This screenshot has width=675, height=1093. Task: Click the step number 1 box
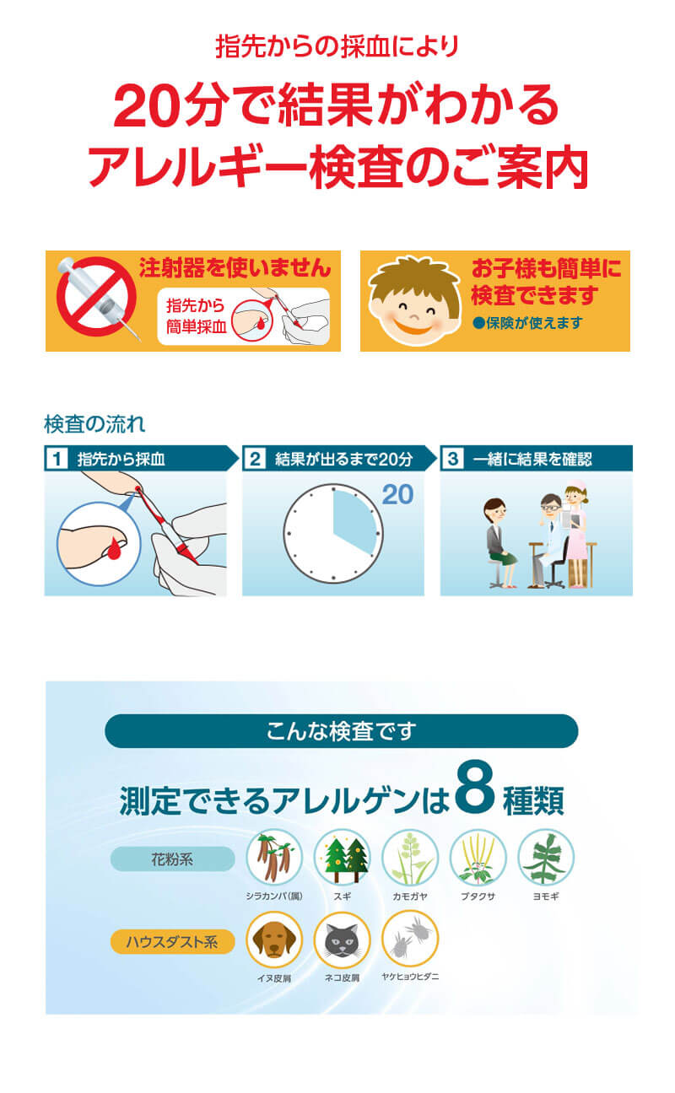click(x=57, y=459)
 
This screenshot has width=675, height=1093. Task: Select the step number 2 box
click(x=255, y=459)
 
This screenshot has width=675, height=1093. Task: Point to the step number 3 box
click(x=453, y=459)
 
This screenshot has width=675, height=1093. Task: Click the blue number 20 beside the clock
click(x=397, y=494)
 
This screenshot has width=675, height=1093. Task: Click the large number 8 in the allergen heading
click(x=475, y=787)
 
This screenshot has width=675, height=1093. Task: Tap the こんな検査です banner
click(x=341, y=731)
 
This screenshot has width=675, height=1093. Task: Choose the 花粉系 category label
click(x=172, y=859)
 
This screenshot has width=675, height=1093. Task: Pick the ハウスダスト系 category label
click(x=172, y=941)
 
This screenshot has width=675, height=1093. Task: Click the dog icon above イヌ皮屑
click(x=274, y=940)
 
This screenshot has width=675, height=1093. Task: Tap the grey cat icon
click(x=342, y=940)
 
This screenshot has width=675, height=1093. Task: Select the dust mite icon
click(x=410, y=939)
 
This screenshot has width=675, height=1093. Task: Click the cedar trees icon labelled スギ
click(x=342, y=858)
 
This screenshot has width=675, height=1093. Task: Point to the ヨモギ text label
click(x=546, y=896)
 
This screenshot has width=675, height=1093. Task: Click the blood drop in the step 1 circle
click(x=114, y=549)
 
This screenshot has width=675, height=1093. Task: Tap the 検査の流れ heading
click(x=94, y=424)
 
